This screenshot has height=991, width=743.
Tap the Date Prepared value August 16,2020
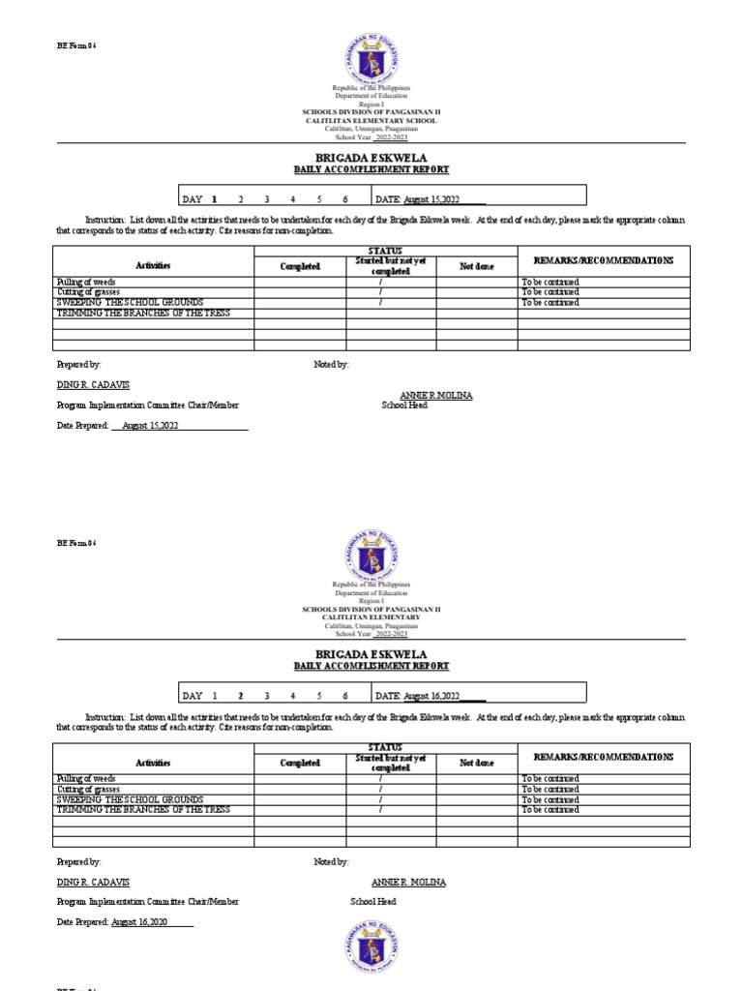[x=139, y=922]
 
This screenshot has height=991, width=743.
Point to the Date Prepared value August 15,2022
[x=146, y=425]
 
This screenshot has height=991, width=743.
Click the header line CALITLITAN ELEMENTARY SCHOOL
[x=371, y=121]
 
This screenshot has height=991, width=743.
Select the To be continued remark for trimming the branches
[x=550, y=810]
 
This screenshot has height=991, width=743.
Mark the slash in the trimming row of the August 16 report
[x=380, y=810]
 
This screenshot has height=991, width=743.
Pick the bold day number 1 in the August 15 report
[x=214, y=199]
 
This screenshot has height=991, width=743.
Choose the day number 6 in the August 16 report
[x=344, y=696]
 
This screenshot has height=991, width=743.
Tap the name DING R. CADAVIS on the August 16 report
[x=93, y=883]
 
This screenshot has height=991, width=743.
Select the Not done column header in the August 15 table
[x=476, y=266]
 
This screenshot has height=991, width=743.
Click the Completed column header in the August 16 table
[x=300, y=763]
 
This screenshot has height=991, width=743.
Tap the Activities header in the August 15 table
[x=153, y=266]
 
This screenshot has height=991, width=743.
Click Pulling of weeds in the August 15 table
[x=86, y=282]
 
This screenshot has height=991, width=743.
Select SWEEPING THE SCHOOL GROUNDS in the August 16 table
[x=130, y=800]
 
